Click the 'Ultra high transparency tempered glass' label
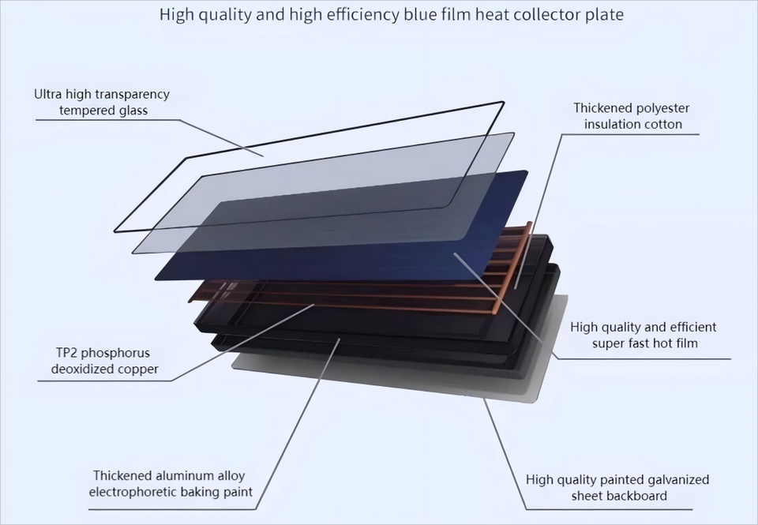point(103,102)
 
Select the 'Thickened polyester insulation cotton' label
point(632,116)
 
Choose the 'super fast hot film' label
point(644,335)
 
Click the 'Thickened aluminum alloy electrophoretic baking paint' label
point(171,484)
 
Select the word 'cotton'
point(662,124)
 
